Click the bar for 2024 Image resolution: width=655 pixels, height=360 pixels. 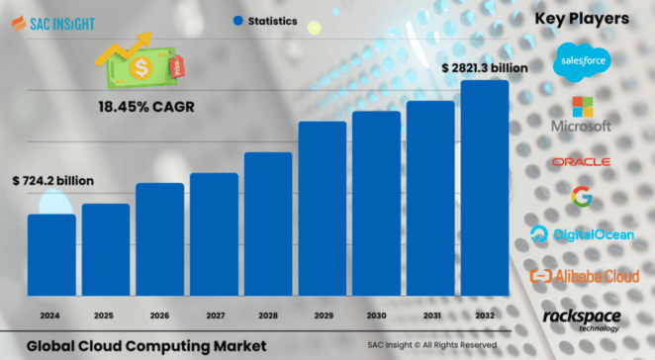coord(51,255)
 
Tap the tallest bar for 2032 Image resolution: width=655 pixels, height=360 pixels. coord(485,188)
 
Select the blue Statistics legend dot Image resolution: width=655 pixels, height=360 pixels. coord(238,20)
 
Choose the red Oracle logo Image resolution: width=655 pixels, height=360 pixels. coord(582,161)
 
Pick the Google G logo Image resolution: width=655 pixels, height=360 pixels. coord(582,197)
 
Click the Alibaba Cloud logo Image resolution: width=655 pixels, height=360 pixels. coord(582,276)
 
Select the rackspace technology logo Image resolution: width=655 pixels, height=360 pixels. coord(582,317)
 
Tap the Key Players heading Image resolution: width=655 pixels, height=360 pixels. coord(582,19)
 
